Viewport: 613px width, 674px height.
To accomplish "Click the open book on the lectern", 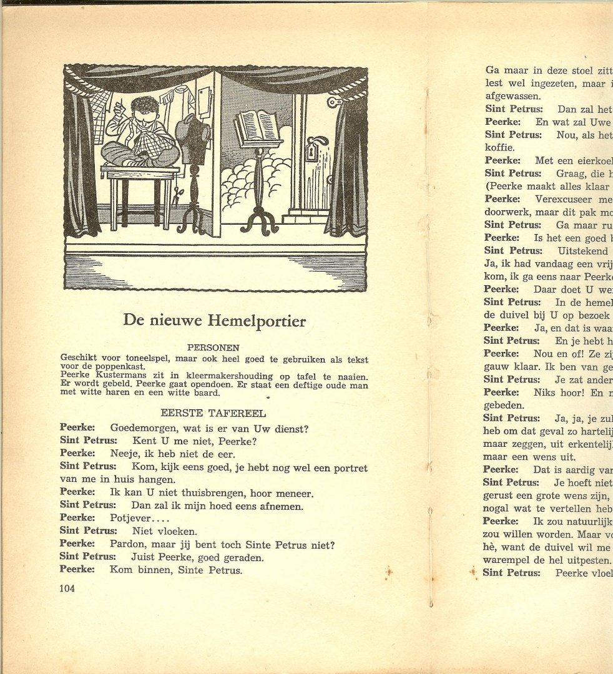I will click(257, 127).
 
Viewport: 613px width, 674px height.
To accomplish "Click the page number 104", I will click(67, 588).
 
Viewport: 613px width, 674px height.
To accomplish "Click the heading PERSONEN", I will click(213, 348).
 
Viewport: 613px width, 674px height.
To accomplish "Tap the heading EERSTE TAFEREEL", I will click(213, 413).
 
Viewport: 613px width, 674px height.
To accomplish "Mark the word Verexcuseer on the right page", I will click(565, 198).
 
